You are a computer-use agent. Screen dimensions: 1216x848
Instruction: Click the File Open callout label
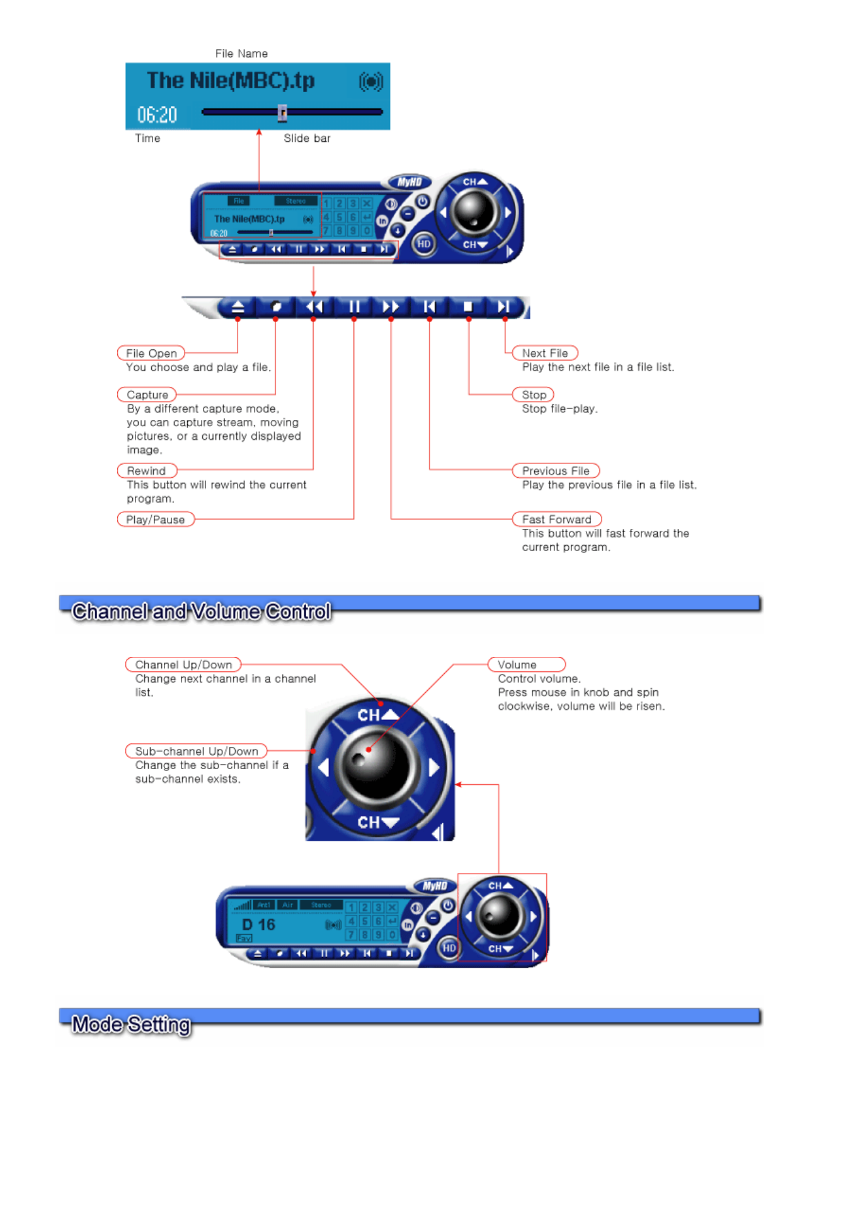tap(151, 353)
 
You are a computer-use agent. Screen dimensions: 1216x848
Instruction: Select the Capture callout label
tap(147, 395)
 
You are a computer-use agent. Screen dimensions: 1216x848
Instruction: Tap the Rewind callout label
tap(146, 471)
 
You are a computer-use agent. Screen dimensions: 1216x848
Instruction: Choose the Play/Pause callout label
tap(155, 519)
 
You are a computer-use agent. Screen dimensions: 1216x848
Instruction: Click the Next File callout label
tap(544, 353)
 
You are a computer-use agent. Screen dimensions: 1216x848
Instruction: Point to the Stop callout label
tap(534, 395)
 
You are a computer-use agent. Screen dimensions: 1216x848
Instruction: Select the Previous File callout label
tap(555, 471)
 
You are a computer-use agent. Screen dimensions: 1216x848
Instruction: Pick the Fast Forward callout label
tap(556, 519)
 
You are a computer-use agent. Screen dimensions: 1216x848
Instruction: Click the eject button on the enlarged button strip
tap(238, 307)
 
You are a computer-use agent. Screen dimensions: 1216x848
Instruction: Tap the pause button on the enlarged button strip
tap(354, 307)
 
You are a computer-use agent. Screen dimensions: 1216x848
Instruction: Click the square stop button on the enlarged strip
tap(467, 307)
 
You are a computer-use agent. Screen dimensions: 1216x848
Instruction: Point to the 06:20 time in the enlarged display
tap(157, 115)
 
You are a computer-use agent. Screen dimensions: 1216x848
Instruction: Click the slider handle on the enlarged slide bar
tap(282, 112)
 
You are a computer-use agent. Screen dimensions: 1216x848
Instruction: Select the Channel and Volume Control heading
tap(201, 611)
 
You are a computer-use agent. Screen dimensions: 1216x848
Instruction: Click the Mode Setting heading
tap(131, 1024)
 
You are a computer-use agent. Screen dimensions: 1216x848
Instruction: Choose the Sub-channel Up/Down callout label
tap(196, 751)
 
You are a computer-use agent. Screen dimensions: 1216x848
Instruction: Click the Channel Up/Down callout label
tap(183, 664)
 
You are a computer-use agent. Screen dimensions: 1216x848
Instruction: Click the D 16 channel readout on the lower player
tap(259, 924)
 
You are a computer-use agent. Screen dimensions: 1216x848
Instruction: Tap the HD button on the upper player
tap(424, 244)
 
